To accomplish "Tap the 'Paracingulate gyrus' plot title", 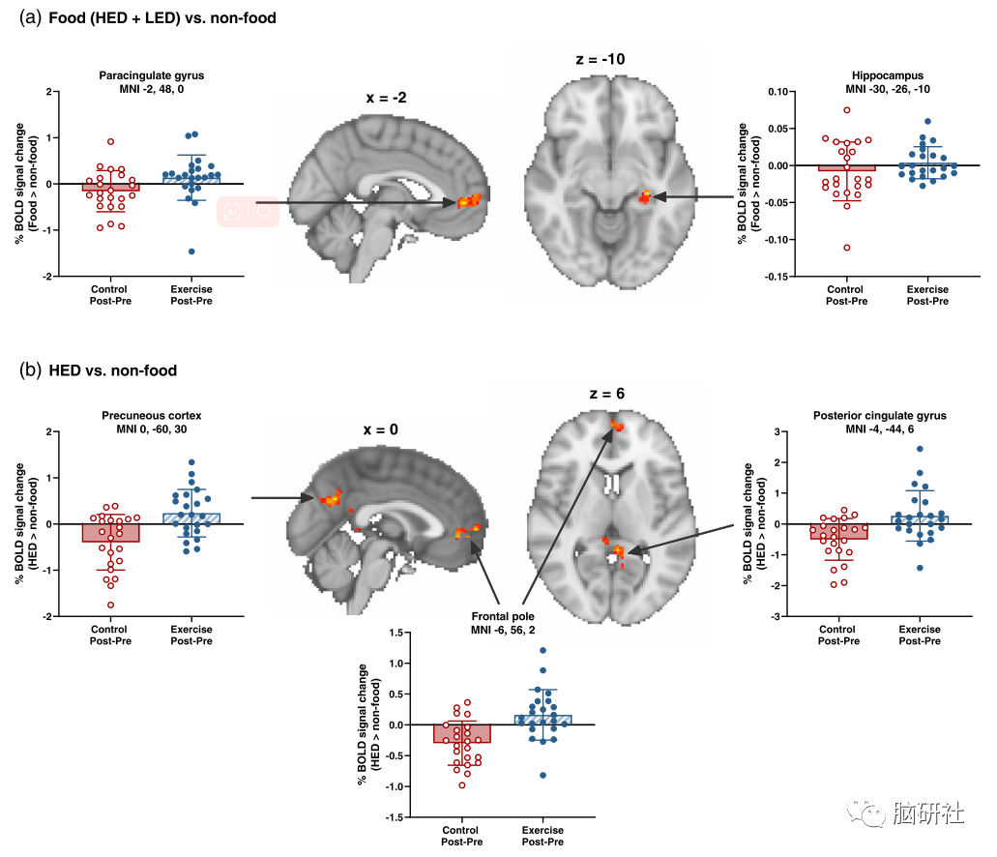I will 151,74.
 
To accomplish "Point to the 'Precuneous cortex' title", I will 151,416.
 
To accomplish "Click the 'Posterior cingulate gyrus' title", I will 881,416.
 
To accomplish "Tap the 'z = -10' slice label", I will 600,60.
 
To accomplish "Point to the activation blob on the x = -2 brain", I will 469,201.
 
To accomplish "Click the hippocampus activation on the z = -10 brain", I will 646,197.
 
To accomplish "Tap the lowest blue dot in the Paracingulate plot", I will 191,251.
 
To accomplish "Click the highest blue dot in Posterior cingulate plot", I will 919,449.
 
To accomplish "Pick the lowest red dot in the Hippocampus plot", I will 847,248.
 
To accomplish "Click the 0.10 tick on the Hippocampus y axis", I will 769,91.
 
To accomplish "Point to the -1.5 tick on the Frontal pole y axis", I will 396,817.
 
